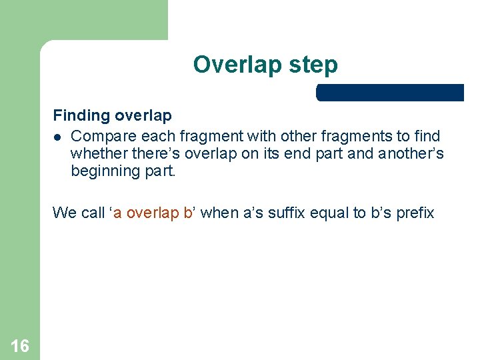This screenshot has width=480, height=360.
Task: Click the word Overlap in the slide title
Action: click(x=229, y=65)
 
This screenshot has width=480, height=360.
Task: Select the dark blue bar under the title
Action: click(x=389, y=93)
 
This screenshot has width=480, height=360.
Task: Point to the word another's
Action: click(x=411, y=153)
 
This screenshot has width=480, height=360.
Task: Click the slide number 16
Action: click(x=20, y=345)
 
